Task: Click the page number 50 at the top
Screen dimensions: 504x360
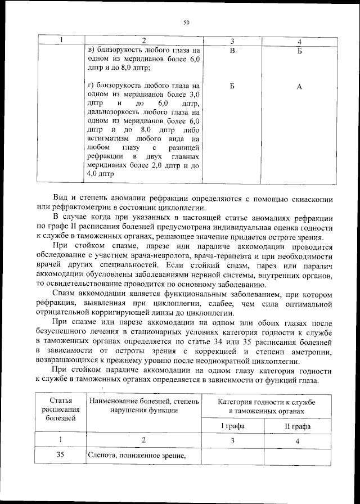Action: coord(186,23)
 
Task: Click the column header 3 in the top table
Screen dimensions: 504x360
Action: coord(232,41)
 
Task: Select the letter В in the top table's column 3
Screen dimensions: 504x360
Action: coord(232,51)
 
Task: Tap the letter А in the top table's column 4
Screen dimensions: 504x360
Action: coord(299,86)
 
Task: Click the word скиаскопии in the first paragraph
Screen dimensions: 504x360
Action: coord(312,200)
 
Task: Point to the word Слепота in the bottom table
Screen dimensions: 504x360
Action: coord(103,456)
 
